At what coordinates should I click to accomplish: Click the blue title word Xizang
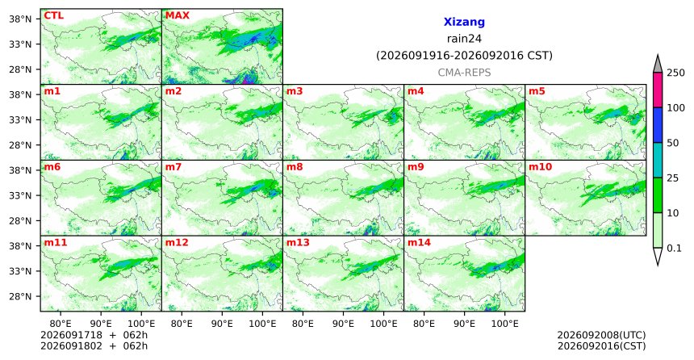464,22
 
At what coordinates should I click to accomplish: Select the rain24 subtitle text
464,39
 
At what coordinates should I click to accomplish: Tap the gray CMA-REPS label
464,73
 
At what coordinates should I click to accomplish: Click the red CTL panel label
53,15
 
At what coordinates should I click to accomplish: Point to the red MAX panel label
177,15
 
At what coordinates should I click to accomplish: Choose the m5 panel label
537,91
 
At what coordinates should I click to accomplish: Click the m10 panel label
540,167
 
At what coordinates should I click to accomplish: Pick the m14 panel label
419,243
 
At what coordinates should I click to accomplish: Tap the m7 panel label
173,167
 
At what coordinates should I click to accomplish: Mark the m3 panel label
295,91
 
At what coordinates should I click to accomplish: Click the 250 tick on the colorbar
676,73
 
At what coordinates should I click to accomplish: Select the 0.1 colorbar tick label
674,248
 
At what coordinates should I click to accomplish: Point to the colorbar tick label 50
673,143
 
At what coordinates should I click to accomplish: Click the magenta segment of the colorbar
657,90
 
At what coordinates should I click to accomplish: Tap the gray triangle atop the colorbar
657,65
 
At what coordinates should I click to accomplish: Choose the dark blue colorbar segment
657,125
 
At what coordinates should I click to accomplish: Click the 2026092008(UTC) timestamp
601,335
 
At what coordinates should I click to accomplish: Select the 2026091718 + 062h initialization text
94,335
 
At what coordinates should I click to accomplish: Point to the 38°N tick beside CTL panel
20,19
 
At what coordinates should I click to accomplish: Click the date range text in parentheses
464,56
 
